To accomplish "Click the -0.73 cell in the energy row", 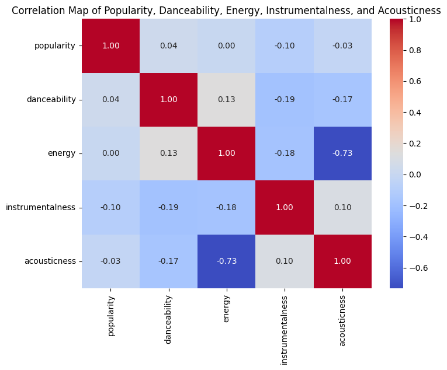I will coord(342,153).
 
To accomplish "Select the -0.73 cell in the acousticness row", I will coord(227,261).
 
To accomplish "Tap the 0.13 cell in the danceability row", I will coord(227,100).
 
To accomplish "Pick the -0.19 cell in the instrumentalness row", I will coord(168,207).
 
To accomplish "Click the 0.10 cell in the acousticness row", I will coord(285,261).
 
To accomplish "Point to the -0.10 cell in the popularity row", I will coord(285,46).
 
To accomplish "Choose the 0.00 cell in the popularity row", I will coord(227,46).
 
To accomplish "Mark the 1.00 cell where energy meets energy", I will coord(227,153).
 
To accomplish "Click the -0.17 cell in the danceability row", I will coord(342,100).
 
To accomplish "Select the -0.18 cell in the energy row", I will coord(285,153).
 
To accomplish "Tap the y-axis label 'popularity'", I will coord(55,46).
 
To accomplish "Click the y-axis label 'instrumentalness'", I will coord(41,207).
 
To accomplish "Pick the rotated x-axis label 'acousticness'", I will coord(342,320).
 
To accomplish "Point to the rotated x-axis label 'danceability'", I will coord(168,319).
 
